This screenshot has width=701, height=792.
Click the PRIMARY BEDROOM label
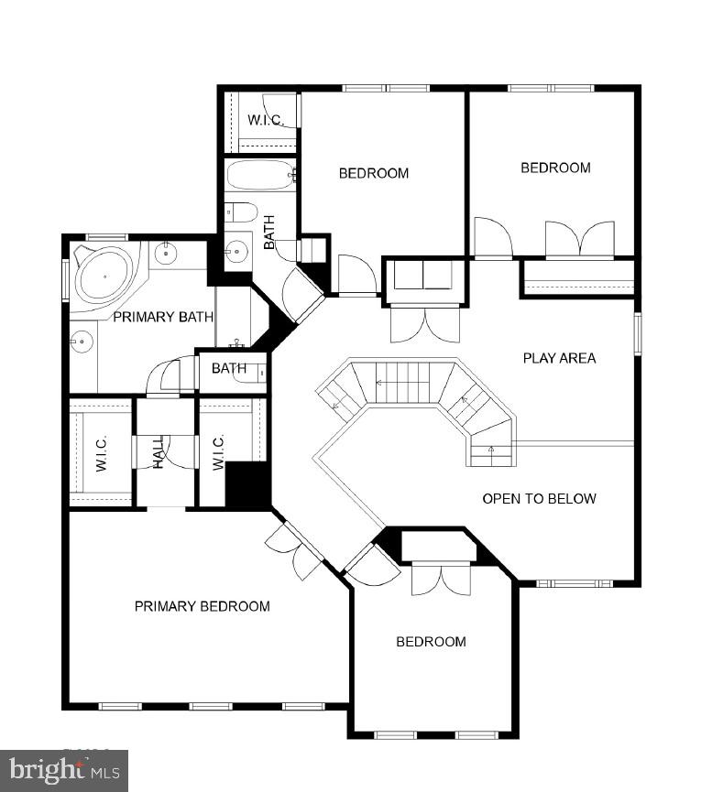point(202,606)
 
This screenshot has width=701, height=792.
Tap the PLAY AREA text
point(559,358)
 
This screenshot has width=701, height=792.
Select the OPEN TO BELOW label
point(539,499)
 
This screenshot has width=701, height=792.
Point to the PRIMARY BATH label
point(163,317)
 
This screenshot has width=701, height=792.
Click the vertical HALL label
point(158,450)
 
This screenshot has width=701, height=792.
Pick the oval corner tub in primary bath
point(104,273)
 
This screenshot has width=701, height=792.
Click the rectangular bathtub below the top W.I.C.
point(260,175)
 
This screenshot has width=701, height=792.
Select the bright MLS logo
point(64,771)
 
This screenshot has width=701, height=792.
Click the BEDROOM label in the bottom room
point(431,642)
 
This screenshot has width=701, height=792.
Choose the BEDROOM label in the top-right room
point(555,168)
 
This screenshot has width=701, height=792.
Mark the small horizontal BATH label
point(229,369)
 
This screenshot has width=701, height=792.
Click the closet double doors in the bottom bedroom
point(441,578)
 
